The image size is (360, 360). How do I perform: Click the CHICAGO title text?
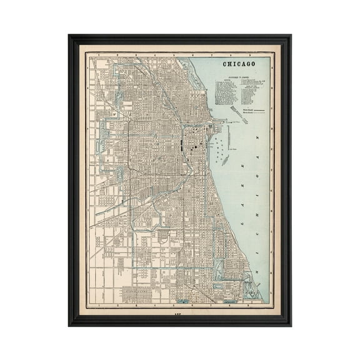click(239, 64)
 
